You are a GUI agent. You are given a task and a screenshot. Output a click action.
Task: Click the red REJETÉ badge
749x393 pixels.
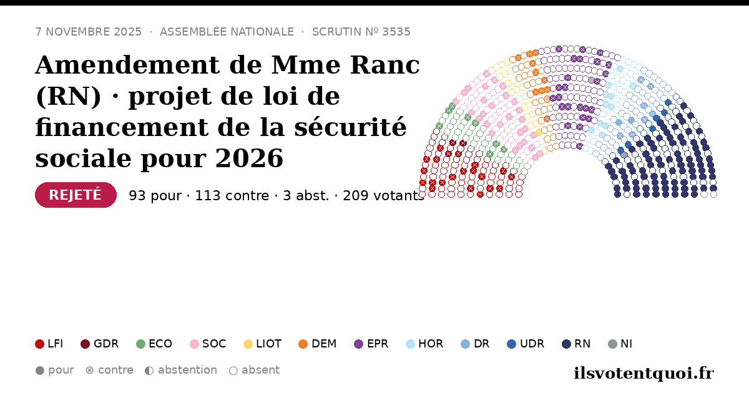[x=76, y=195]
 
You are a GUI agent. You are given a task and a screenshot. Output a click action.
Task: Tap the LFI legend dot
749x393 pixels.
[x=39, y=344]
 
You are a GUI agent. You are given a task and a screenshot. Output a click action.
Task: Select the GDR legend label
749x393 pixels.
[x=106, y=344]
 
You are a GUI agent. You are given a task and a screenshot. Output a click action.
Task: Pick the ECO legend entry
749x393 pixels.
[x=154, y=344]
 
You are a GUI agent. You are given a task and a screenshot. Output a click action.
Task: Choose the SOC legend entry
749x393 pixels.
[x=208, y=344]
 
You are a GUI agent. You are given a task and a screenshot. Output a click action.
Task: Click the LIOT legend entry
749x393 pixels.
[x=263, y=344]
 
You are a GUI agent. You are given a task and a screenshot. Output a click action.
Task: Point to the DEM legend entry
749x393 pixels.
[x=317, y=344]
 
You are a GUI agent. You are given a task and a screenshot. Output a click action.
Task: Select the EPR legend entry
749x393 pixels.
[x=371, y=344]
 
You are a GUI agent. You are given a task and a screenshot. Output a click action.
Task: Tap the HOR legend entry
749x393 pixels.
[x=424, y=344]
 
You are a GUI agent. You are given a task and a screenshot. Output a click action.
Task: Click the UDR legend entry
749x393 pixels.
[x=526, y=344]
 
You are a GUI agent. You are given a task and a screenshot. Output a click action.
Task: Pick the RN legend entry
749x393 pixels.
[x=576, y=344]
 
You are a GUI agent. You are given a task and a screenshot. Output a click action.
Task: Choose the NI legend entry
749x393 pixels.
[x=620, y=344]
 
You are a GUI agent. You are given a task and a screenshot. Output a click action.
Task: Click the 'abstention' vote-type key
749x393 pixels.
[x=181, y=371]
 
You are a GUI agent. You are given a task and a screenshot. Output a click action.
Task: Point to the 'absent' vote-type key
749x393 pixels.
[x=254, y=371]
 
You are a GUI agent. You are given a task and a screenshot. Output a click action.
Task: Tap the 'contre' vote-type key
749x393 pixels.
[x=109, y=371]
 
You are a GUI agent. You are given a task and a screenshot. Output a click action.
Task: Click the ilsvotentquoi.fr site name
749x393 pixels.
[x=644, y=373]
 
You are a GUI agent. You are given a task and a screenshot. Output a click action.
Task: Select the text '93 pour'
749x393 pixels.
[x=155, y=195]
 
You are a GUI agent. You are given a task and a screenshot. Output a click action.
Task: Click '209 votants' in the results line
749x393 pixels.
[x=383, y=195]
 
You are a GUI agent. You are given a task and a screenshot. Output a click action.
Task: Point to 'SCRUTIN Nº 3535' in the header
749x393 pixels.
[x=361, y=32]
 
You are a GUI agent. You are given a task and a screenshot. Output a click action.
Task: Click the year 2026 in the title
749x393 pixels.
[x=249, y=158]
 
